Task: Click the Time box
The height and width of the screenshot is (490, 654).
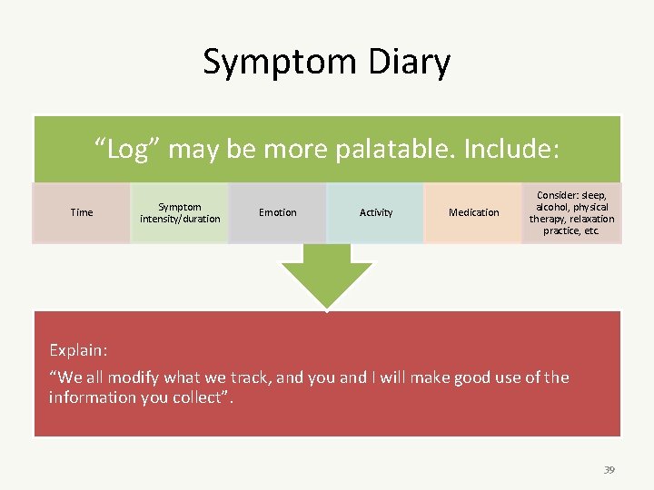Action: click(x=82, y=213)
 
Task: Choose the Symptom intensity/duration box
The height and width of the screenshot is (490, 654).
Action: click(x=179, y=213)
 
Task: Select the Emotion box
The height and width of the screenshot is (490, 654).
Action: click(x=277, y=213)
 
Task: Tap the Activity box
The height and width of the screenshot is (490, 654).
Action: click(x=376, y=213)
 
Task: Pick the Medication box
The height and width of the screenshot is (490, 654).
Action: click(x=474, y=213)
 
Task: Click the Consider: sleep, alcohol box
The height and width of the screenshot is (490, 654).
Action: click(x=572, y=213)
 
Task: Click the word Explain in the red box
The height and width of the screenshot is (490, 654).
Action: click(x=77, y=350)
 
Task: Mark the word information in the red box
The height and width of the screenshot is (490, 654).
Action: click(x=92, y=397)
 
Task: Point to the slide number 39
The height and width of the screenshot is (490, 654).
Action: click(x=609, y=470)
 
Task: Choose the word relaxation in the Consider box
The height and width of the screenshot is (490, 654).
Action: click(x=591, y=219)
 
